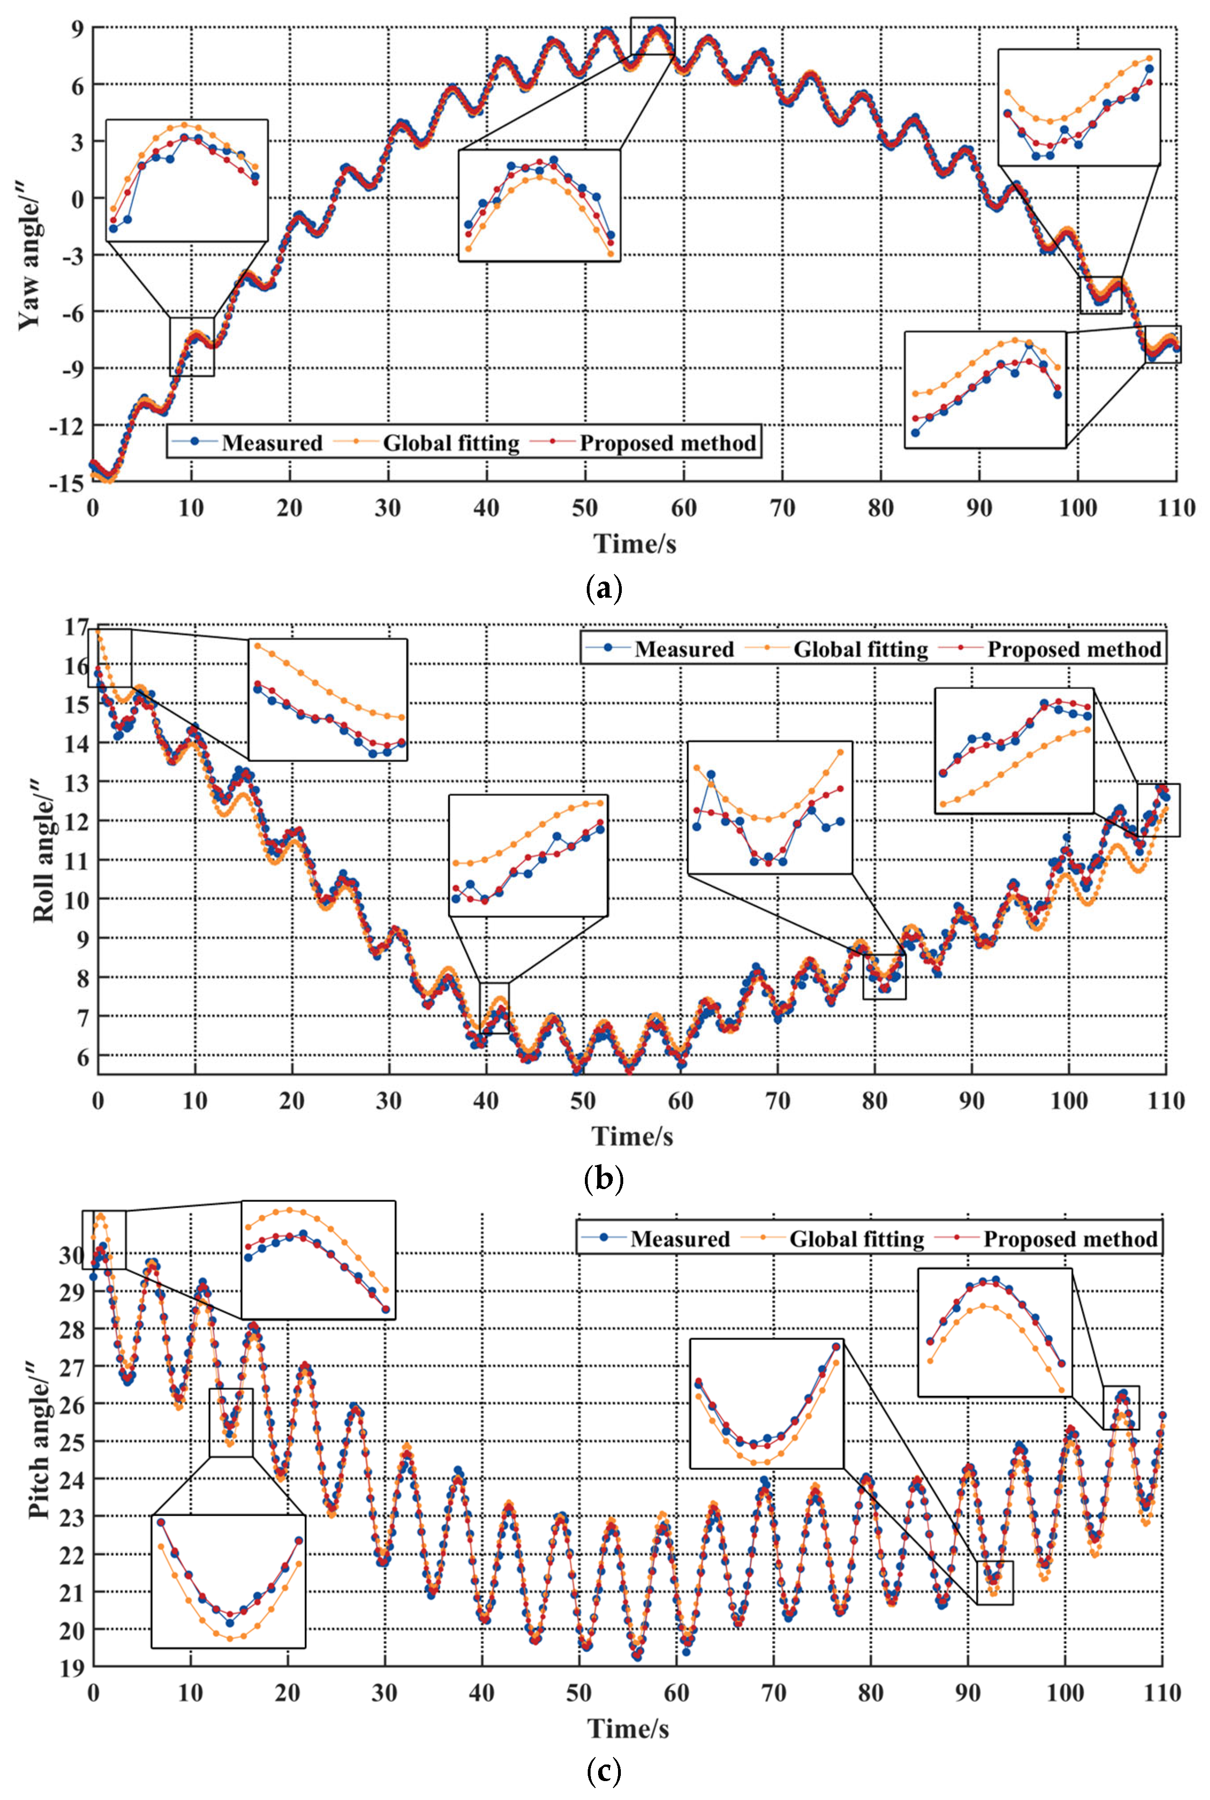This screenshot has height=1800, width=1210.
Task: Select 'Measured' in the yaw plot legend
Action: (x=272, y=443)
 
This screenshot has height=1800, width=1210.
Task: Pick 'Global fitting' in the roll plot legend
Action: (x=860, y=649)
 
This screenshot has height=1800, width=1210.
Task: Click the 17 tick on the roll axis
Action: (x=76, y=627)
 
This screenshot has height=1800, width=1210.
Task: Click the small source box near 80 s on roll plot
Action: (x=884, y=977)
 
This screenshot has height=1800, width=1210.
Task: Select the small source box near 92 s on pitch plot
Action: (x=995, y=1582)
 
